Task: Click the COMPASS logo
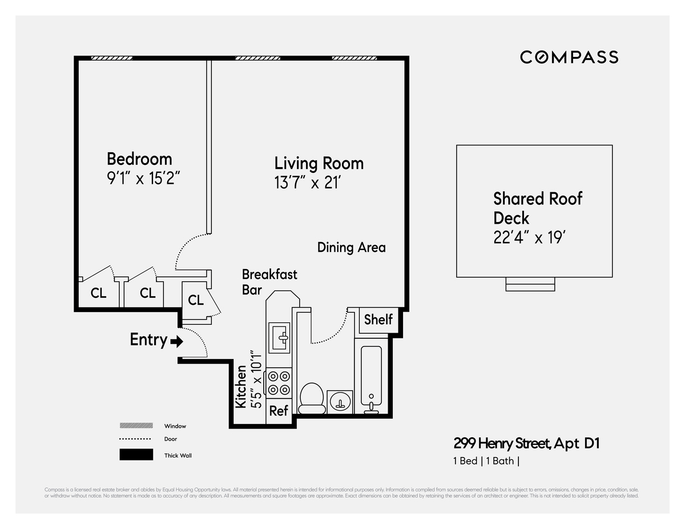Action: pos(569,57)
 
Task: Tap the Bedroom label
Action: pos(139,159)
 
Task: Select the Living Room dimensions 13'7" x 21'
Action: pos(311,183)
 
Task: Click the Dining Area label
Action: pos(351,248)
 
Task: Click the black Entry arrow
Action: pos(177,342)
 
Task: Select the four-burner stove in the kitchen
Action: pos(279,383)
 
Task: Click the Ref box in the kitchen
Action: pos(279,411)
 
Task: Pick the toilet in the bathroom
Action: pos(312,397)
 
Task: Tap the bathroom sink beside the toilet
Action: pos(341,401)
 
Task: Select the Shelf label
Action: pos(378,320)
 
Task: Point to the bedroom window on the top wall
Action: pos(112,58)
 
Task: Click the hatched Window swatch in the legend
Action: pos(136,426)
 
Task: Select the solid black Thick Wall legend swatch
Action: pos(136,455)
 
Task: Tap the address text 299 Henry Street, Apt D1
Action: pos(526,443)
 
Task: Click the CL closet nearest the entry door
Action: pos(196,300)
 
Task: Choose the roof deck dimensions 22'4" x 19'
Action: pos(529,237)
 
